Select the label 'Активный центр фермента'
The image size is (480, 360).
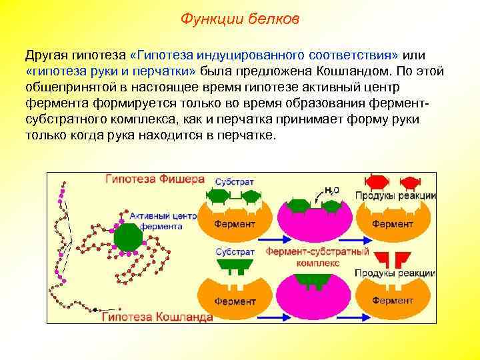[163, 221]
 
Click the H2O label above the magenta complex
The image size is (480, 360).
[331, 189]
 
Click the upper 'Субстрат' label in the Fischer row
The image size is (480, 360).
[234, 181]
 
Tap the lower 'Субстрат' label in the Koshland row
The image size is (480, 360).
[234, 252]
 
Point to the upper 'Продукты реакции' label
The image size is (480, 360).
[395, 195]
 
